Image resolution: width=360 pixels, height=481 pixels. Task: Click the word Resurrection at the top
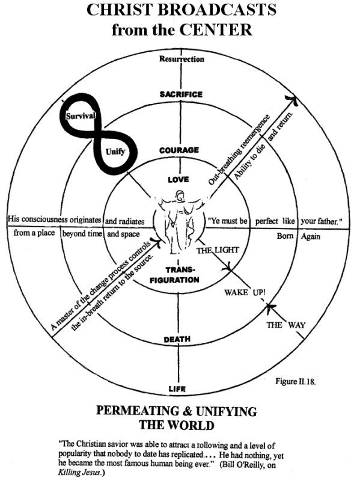[181, 59]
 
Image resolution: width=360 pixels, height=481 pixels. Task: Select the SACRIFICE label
[181, 94]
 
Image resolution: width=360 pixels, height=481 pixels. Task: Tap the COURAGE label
[179, 150]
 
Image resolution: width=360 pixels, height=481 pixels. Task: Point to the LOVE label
[179, 179]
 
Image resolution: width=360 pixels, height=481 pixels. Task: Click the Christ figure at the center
[179, 222]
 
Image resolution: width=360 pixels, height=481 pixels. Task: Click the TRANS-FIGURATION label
[179, 275]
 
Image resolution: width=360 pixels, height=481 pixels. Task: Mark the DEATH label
[178, 340]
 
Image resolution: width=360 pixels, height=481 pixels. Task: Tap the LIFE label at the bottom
[177, 389]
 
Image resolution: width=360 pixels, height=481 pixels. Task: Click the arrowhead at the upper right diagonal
[291, 98]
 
